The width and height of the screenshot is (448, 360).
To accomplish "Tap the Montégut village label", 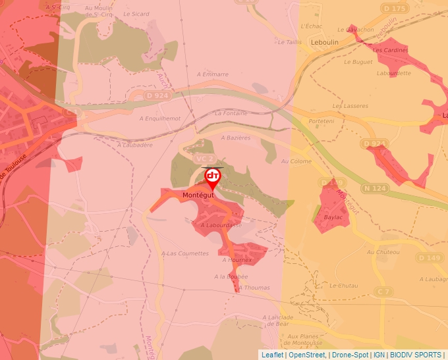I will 198,195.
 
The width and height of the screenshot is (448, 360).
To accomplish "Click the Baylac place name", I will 333,217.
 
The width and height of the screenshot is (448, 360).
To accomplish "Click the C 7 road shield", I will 384,291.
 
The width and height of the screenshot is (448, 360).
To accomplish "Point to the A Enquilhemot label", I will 159,118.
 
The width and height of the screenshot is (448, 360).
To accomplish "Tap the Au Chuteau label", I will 383,252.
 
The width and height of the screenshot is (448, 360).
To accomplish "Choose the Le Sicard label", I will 136,14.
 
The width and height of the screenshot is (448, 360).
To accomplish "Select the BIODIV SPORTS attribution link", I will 415,355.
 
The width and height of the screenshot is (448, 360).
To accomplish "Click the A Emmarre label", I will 212,74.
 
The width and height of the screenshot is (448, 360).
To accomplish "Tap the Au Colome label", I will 296,161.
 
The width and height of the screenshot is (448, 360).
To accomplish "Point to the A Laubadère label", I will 134,145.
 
